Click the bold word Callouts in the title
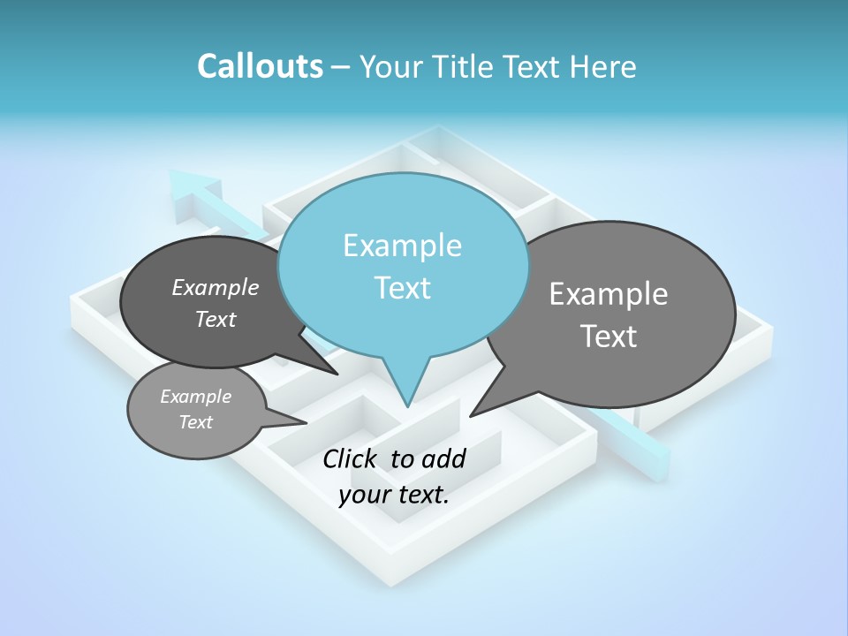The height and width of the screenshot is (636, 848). [x=260, y=66]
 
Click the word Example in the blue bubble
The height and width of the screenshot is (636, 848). [x=402, y=246]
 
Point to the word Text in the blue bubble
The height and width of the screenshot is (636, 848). [x=402, y=288]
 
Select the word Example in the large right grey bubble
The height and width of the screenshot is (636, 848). [x=609, y=294]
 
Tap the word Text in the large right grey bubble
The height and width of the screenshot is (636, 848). [x=609, y=337]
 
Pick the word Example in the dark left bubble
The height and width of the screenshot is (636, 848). [x=216, y=288]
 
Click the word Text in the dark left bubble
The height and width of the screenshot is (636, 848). [x=216, y=320]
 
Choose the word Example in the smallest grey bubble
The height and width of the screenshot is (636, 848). [x=195, y=397]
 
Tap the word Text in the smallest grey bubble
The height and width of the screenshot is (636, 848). [x=195, y=422]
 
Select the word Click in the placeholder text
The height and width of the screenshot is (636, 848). [x=351, y=458]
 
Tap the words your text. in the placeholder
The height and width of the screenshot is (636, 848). [x=394, y=495]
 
